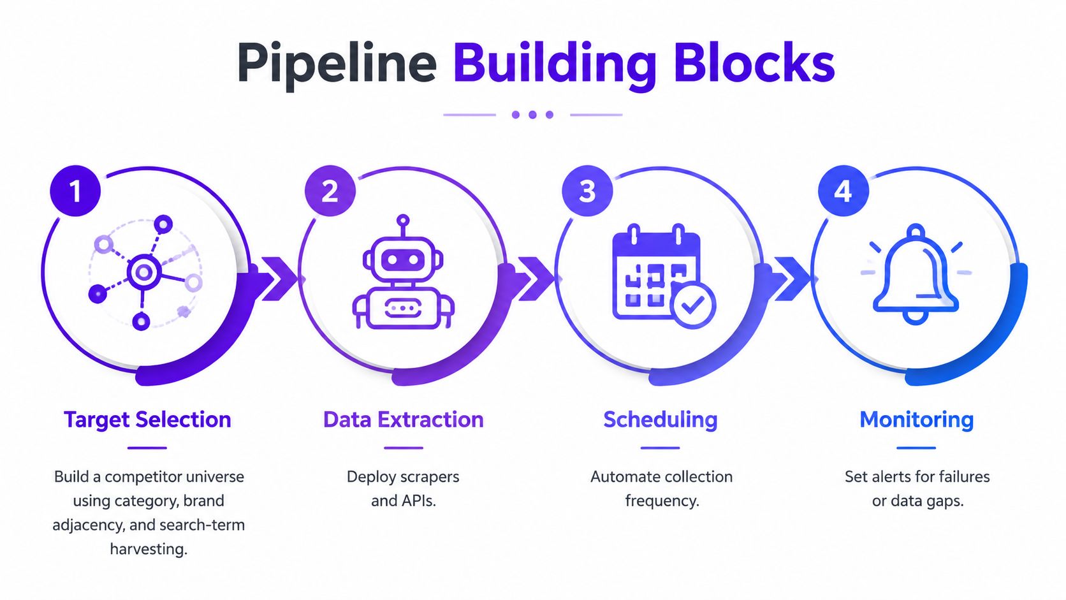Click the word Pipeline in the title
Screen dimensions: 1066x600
[337, 64]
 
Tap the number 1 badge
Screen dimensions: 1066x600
[75, 191]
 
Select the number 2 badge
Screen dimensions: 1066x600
[330, 191]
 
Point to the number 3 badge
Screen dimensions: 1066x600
[587, 191]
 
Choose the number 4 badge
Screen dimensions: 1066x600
[843, 191]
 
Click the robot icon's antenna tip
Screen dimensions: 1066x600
[403, 221]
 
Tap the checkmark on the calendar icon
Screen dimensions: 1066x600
[692, 305]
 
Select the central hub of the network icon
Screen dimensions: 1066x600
[143, 273]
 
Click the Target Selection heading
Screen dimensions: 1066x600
[147, 420]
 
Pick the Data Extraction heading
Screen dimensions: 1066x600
[404, 420]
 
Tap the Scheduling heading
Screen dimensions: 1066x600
[661, 420]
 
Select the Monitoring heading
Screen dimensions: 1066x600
[917, 420]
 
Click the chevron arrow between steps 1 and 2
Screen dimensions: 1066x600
[279, 279]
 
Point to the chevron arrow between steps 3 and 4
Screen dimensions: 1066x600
[791, 279]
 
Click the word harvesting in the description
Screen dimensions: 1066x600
[149, 549]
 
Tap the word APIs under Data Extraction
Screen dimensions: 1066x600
[420, 501]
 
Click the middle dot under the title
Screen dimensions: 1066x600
[532, 115]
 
